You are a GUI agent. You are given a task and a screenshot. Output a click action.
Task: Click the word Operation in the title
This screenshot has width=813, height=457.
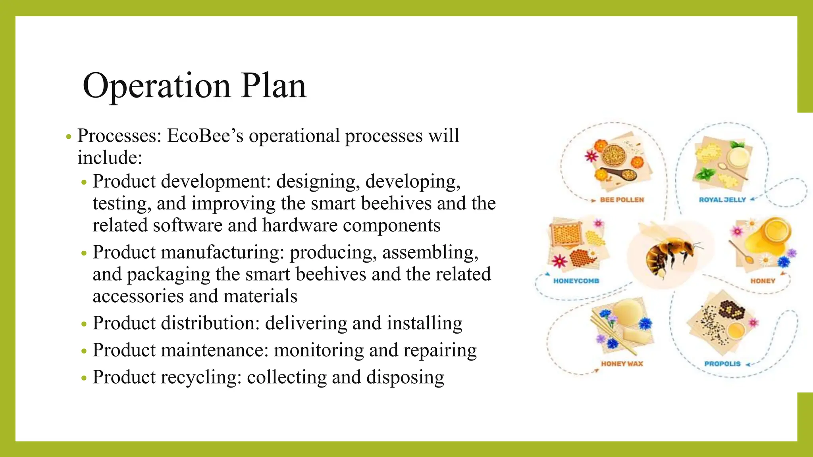[156, 86]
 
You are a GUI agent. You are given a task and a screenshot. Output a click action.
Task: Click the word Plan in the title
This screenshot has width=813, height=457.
[274, 86]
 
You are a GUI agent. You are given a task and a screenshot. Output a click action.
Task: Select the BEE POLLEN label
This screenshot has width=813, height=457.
[622, 200]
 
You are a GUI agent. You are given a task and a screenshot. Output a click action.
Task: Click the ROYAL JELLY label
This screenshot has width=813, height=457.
[722, 200]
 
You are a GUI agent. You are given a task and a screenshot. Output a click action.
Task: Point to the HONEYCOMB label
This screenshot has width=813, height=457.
[576, 281]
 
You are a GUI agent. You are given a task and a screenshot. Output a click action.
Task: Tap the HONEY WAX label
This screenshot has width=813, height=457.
[622, 364]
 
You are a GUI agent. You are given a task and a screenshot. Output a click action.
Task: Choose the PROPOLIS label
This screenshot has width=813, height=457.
[722, 364]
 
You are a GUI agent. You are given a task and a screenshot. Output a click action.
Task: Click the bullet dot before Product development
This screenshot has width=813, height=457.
[83, 183]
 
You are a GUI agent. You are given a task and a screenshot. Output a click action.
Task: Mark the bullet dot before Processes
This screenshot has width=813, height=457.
[68, 137]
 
